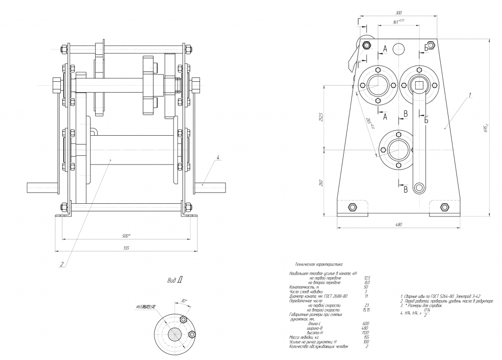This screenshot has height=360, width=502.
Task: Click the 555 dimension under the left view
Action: coord(126,248)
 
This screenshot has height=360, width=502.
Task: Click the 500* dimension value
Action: coord(126,236)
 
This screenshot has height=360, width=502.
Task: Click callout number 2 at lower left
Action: coord(62,264)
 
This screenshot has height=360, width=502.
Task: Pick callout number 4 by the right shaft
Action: coord(218,157)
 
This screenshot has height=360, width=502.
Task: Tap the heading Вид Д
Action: coord(175,281)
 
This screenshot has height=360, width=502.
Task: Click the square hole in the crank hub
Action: coord(419,84)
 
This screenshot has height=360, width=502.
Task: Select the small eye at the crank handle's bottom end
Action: coord(419,187)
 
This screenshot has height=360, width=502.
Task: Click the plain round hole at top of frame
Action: coord(399,48)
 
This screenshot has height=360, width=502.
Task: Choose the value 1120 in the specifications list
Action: coord(365,333)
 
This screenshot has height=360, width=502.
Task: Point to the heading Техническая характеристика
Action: coord(316,264)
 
